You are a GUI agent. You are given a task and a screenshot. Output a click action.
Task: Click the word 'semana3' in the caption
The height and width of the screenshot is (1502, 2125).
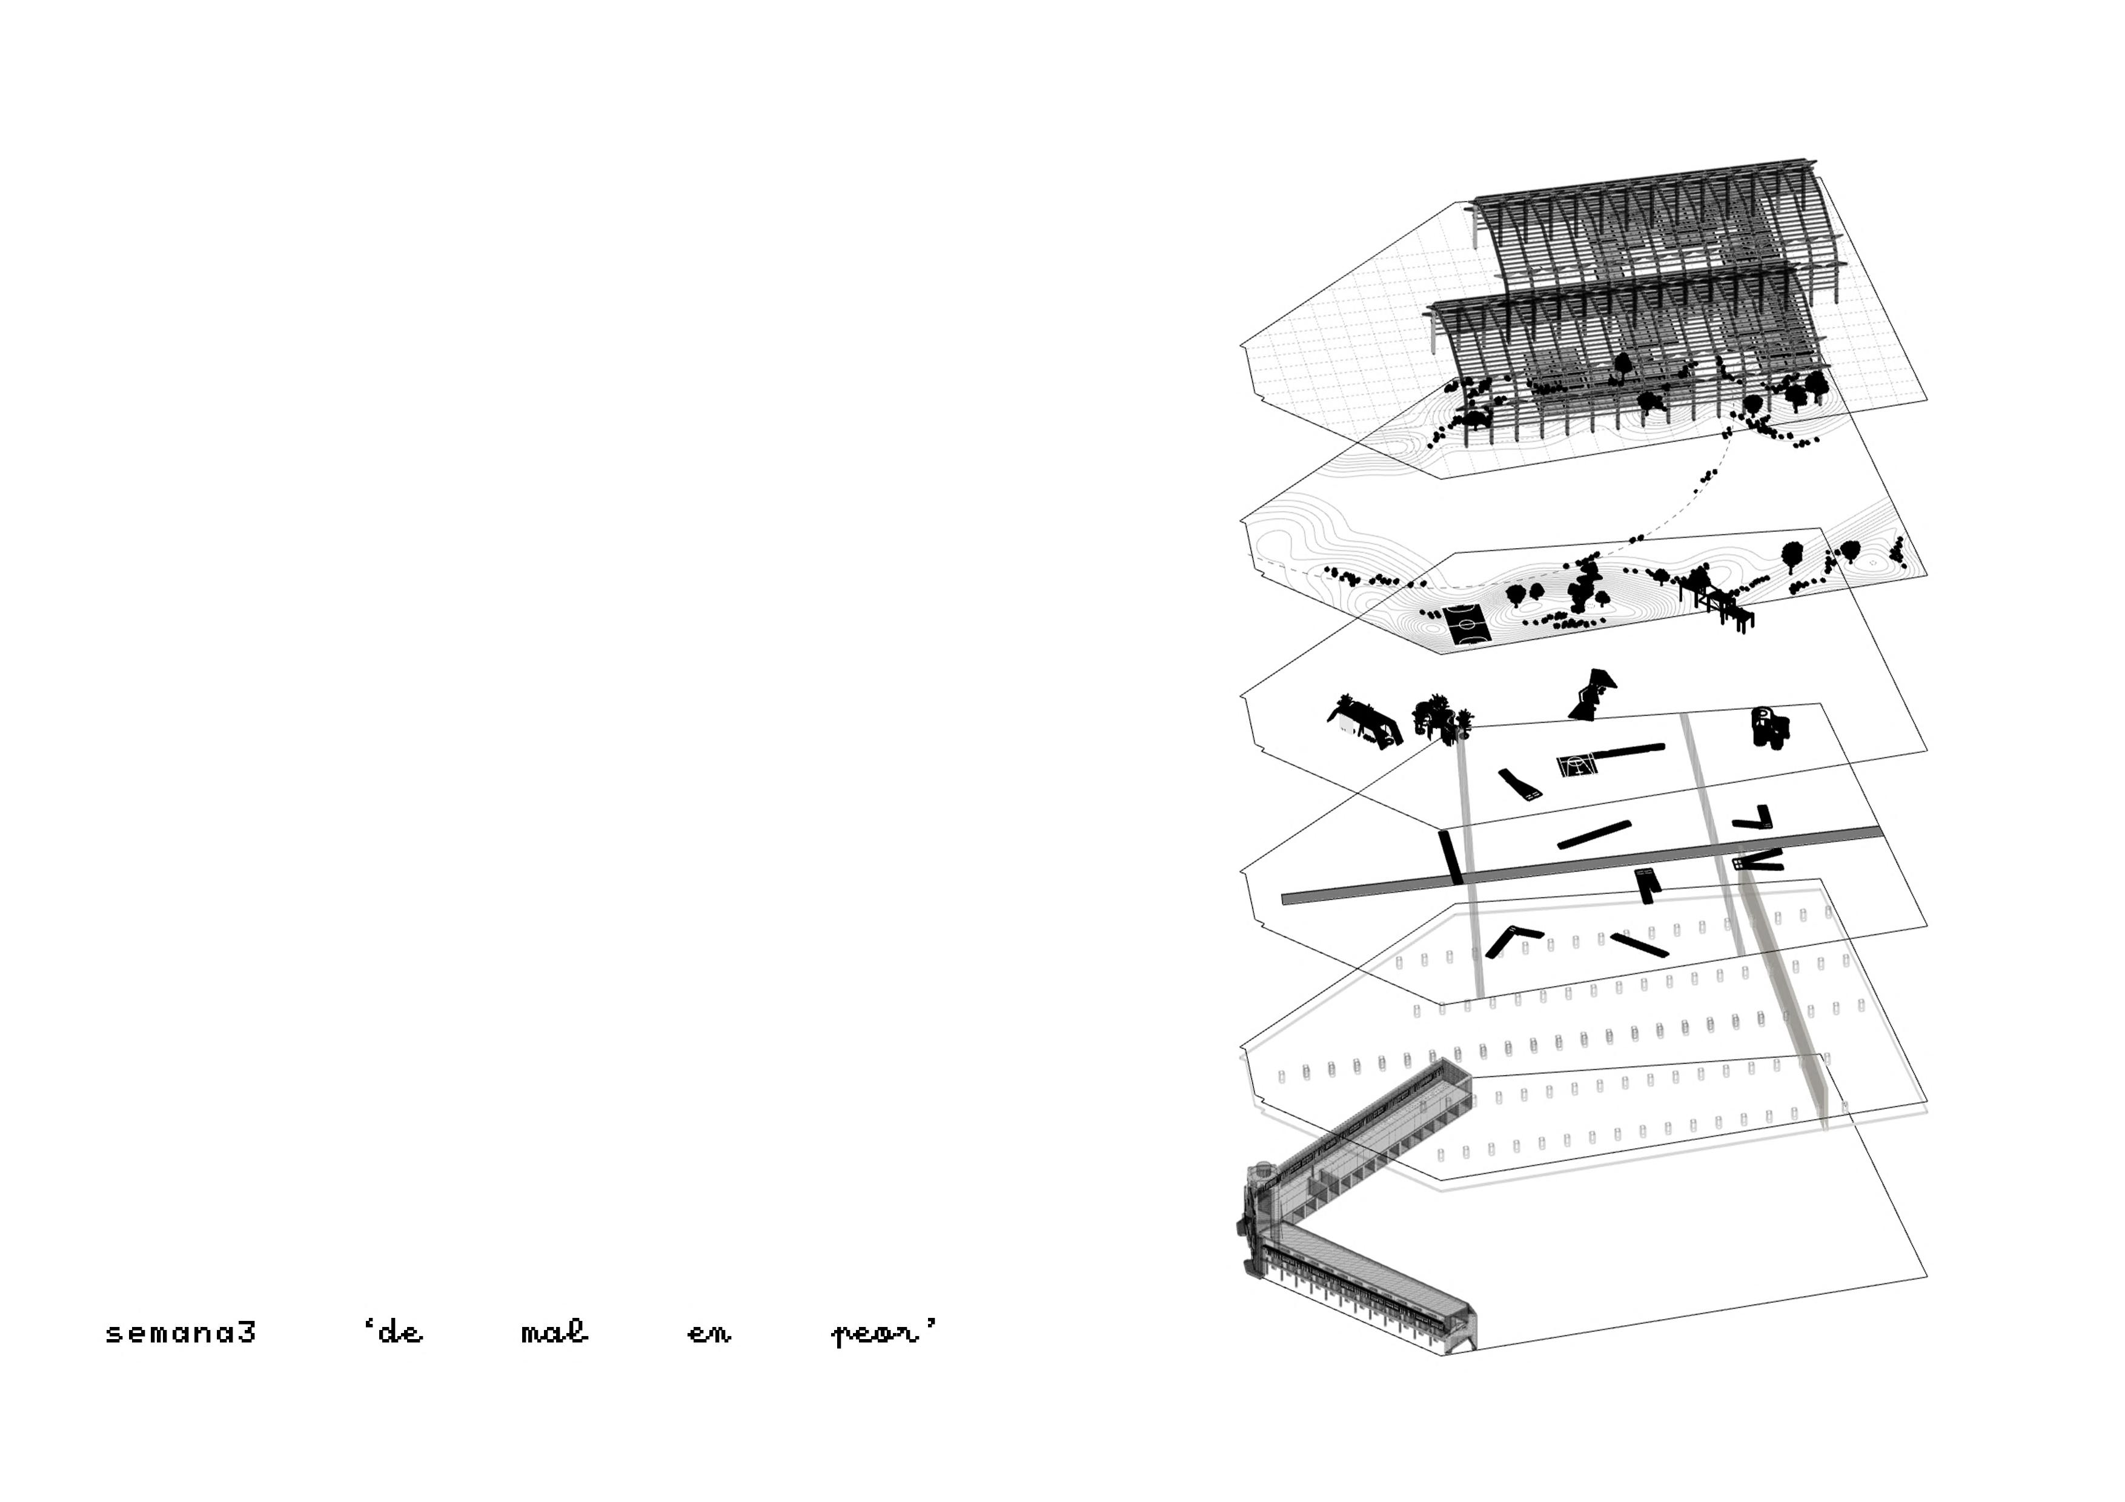[181, 1334]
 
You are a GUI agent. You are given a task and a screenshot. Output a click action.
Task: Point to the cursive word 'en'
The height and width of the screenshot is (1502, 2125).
[709, 1334]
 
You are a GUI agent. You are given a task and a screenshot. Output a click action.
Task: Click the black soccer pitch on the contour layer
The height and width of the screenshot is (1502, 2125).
[1465, 626]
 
